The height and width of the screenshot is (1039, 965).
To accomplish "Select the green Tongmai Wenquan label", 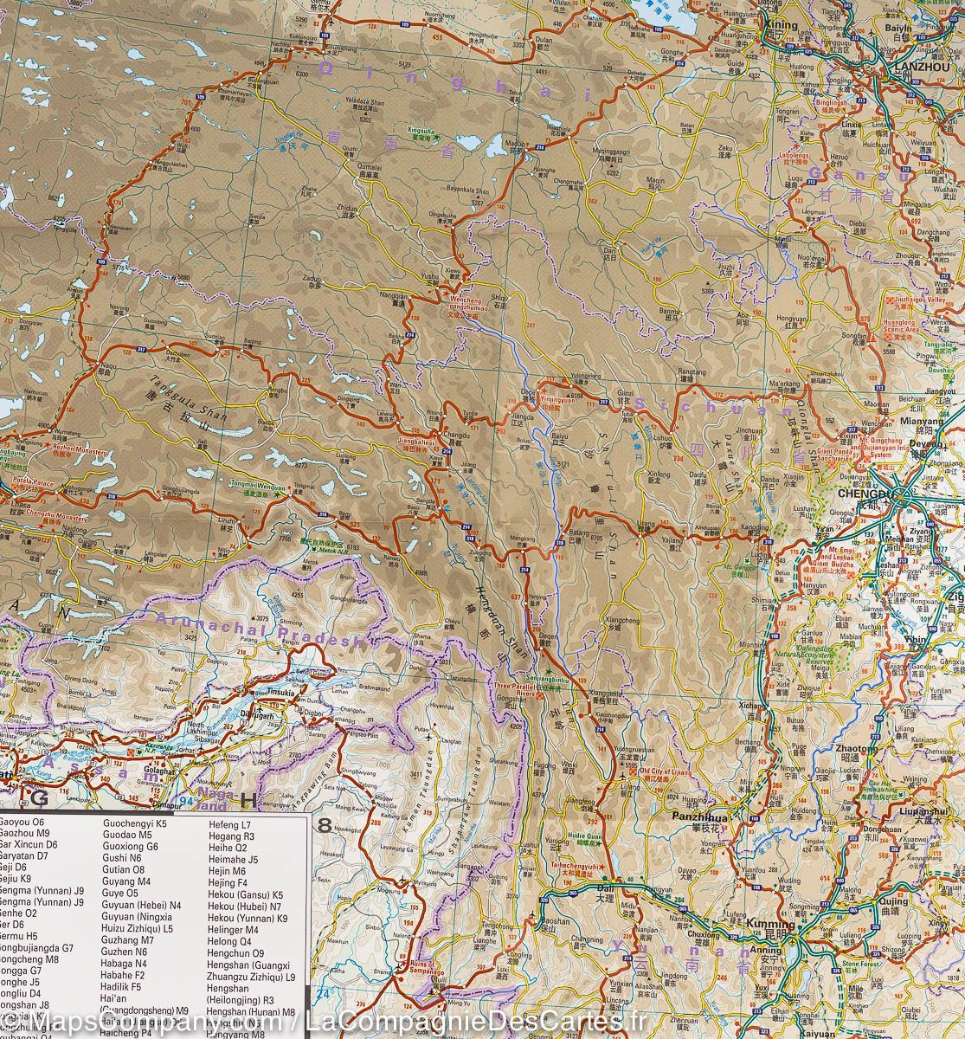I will tap(258, 487).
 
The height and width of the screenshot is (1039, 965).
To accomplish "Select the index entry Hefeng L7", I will tap(229, 826).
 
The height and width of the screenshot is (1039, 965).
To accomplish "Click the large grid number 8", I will tap(325, 825).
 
